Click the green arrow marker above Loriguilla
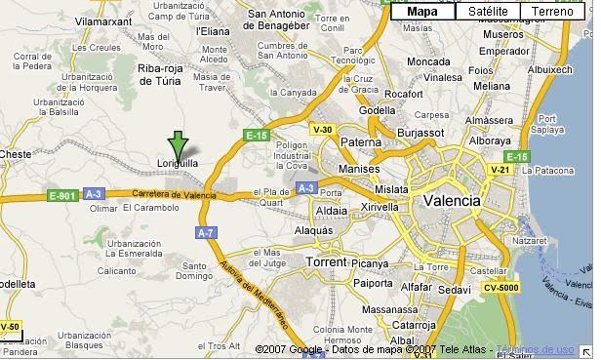pyautogui.click(x=178, y=143)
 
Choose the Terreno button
pyautogui.click(x=551, y=12)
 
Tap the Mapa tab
pyautogui.click(x=422, y=12)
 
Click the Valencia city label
pyautogui.click(x=452, y=200)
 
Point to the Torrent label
pyautogui.click(x=326, y=262)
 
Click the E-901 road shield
pyautogui.click(x=60, y=195)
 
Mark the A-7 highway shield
pyautogui.click(x=205, y=233)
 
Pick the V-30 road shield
pyautogui.click(x=322, y=130)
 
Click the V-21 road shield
pyautogui.click(x=500, y=170)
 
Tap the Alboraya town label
pyautogui.click(x=488, y=140)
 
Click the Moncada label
pyautogui.click(x=428, y=61)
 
